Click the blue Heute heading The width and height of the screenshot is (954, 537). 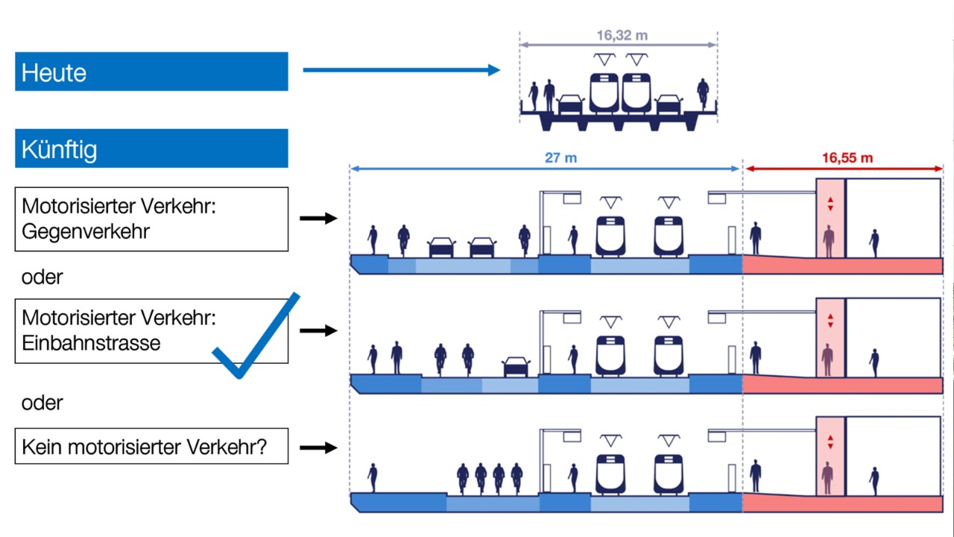151,72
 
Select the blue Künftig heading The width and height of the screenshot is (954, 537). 151,148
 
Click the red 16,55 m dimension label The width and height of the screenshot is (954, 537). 847,158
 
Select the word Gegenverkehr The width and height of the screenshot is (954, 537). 86,231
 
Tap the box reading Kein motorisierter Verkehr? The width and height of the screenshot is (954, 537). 151,447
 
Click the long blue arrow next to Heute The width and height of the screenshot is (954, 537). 401,70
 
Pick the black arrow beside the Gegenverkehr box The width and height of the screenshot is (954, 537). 318,219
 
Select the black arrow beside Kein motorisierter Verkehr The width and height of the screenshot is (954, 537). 318,447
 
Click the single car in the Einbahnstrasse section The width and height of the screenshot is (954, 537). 517,365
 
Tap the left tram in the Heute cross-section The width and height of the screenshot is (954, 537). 604,92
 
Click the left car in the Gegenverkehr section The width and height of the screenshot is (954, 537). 441,247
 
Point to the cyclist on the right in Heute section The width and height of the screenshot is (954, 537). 702,93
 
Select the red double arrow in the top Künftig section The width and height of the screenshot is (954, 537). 830,203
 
